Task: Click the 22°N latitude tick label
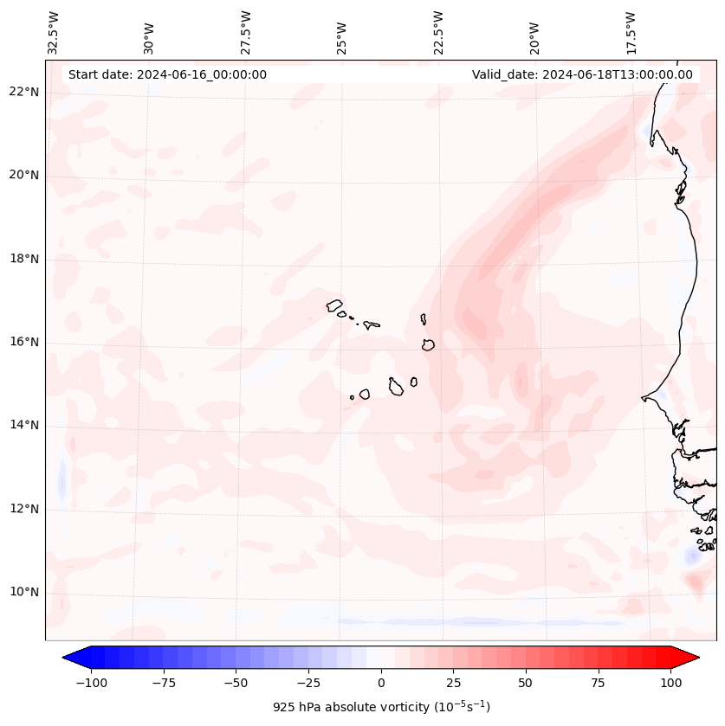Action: pos(25,93)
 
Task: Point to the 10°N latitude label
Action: pos(25,593)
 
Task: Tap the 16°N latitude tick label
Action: pos(25,343)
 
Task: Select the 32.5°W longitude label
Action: pos(54,34)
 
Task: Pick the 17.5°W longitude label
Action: pos(630,34)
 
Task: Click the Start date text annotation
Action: pos(167,74)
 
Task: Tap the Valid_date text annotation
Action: pos(582,74)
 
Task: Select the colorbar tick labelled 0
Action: pos(381,684)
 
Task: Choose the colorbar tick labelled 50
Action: pos(526,684)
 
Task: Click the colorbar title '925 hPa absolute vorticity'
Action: pos(381,708)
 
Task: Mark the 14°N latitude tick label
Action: pos(25,426)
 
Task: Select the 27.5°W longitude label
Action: pos(246,34)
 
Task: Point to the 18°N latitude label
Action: pos(25,260)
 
